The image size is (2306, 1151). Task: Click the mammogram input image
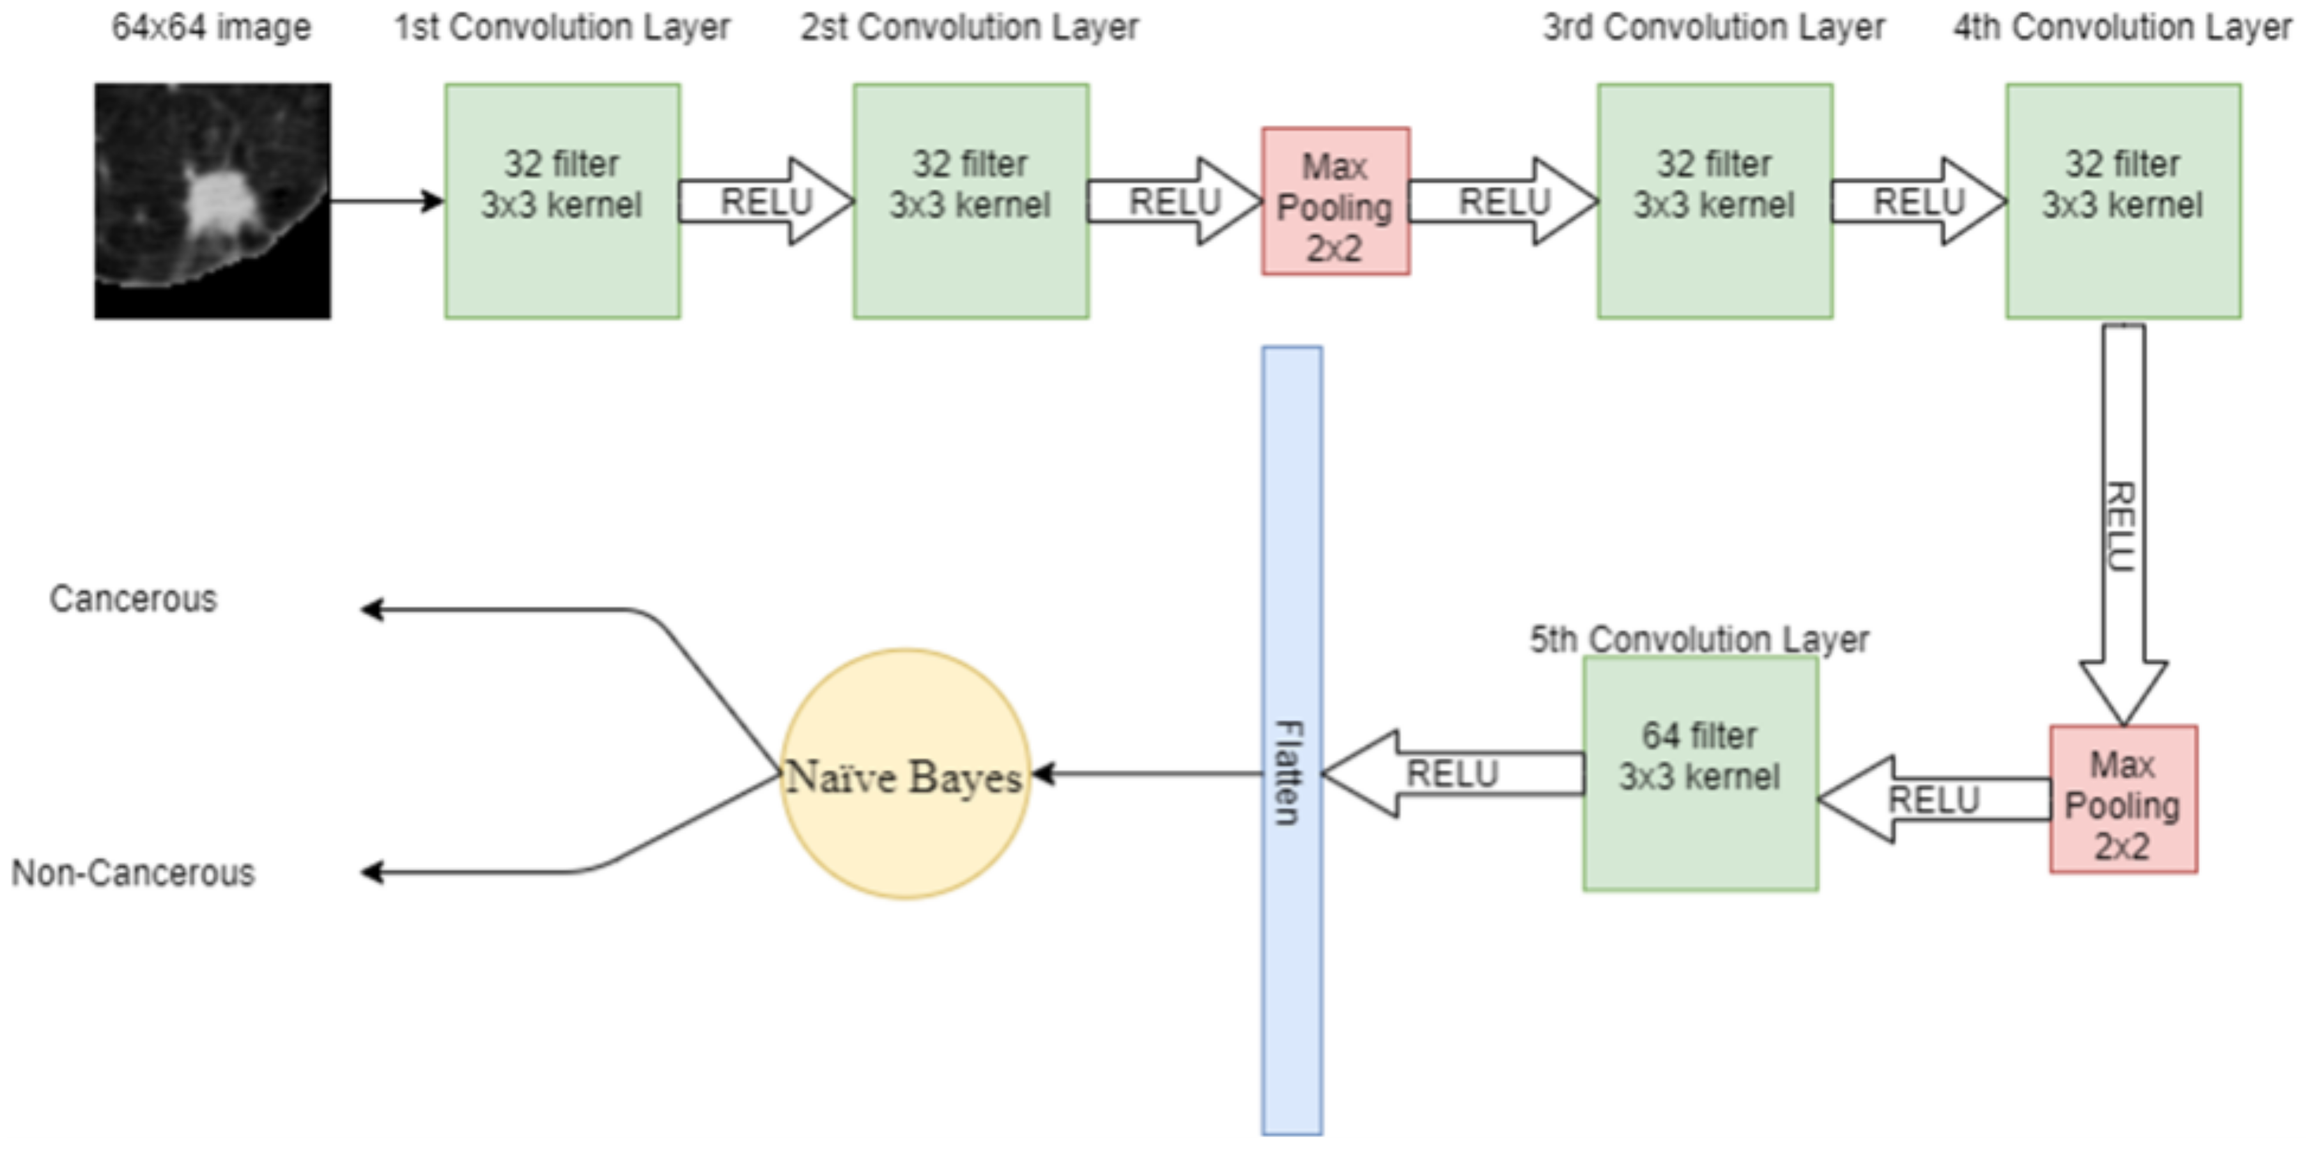pyautogui.click(x=212, y=201)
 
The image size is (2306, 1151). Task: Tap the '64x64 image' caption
pyautogui.click(x=212, y=27)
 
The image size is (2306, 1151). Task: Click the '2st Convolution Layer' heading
pyautogui.click(x=970, y=27)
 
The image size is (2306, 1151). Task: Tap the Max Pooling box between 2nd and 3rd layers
pyautogui.click(x=1335, y=201)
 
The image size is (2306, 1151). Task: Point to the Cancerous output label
pyautogui.click(x=134, y=599)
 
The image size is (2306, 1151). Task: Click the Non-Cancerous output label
pyautogui.click(x=134, y=872)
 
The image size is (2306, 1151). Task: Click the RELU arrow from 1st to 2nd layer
pyautogui.click(x=766, y=201)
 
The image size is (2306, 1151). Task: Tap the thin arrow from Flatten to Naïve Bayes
pyautogui.click(x=1146, y=774)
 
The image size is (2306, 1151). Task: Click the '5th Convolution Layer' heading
pyautogui.click(x=1698, y=639)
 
